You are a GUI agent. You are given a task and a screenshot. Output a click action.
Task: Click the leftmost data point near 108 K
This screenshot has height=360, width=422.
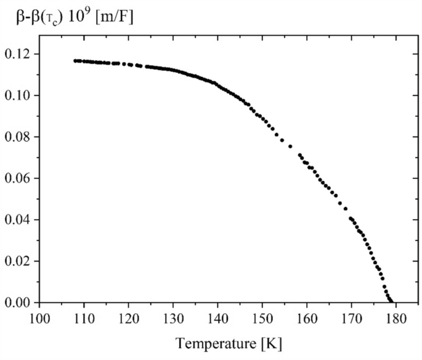click(75, 61)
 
